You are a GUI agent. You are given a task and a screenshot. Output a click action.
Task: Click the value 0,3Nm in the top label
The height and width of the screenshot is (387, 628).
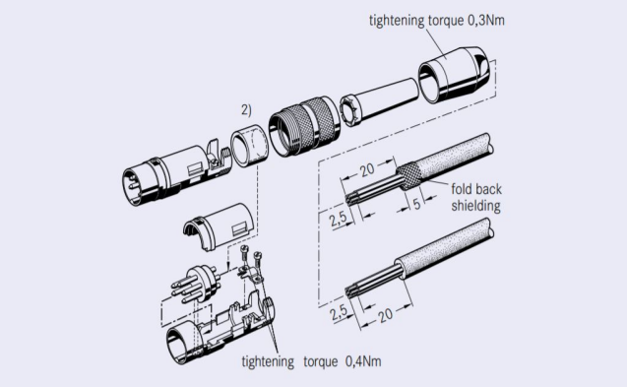click(x=486, y=20)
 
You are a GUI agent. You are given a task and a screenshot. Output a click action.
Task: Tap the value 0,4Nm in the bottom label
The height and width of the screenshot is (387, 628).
click(x=363, y=361)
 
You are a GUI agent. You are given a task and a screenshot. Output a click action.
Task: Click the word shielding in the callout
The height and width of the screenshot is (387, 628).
click(x=476, y=206)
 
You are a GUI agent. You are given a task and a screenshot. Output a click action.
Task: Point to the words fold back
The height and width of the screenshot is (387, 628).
click(x=476, y=189)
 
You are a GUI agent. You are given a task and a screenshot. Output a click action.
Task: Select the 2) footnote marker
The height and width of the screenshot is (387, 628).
click(x=246, y=110)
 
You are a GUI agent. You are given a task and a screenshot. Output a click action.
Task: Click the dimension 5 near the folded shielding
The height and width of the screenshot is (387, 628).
click(x=417, y=204)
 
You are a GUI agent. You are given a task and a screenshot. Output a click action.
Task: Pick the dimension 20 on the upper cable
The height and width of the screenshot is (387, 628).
click(x=367, y=169)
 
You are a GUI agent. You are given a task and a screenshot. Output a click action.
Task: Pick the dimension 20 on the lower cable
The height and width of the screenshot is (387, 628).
click(x=385, y=315)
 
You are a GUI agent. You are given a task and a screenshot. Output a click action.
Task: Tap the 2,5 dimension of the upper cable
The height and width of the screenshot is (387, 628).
click(x=339, y=220)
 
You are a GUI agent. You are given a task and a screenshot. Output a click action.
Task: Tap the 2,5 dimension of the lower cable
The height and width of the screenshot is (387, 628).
click(x=339, y=313)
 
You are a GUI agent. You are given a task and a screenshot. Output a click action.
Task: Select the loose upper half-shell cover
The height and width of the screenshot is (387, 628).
click(x=219, y=226)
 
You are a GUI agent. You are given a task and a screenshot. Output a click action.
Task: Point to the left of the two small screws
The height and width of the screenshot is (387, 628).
click(x=244, y=254)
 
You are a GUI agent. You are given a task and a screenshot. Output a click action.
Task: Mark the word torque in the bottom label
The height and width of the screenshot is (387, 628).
click(x=321, y=361)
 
